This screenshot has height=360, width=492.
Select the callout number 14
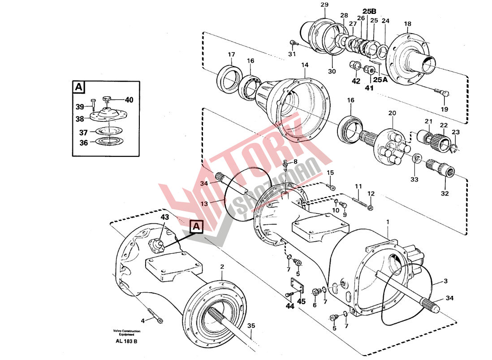pyautogui.click(x=305, y=65)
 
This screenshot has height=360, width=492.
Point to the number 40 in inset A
pyautogui.click(x=129, y=100)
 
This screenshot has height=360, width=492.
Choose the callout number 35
pyautogui.click(x=251, y=326)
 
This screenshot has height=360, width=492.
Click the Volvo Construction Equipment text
pyautogui.click(x=126, y=333)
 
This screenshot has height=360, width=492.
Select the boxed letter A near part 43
pyautogui.click(x=196, y=227)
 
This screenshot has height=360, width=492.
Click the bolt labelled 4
pyautogui.click(x=155, y=316)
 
